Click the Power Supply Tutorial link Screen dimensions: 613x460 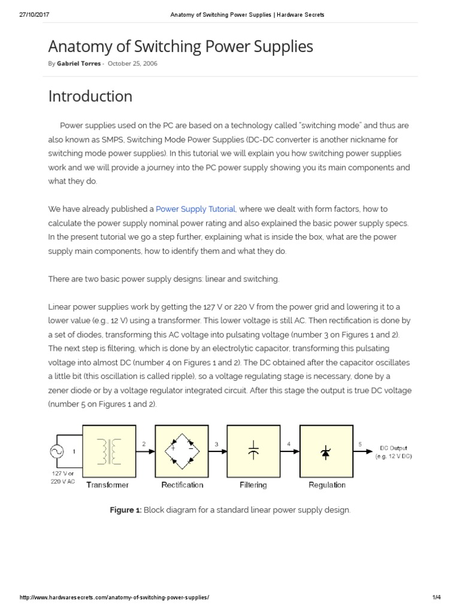tap(196, 209)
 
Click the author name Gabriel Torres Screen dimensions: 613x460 tap(78, 63)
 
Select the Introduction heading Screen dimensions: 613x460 tap(90, 96)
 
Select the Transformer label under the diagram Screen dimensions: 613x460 tap(108, 485)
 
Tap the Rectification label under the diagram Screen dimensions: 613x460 tap(182, 485)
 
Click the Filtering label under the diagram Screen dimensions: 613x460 tap(253, 485)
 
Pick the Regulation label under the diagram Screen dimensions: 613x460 tap(327, 485)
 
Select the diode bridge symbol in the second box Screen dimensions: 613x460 tap(181, 451)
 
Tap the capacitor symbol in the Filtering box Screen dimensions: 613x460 tap(253, 451)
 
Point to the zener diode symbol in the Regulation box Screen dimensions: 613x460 tap(326, 451)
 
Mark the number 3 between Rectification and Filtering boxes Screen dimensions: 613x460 tap(216, 444)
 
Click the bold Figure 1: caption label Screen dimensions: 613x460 tap(125, 510)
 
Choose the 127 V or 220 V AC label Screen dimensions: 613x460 tap(63, 477)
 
